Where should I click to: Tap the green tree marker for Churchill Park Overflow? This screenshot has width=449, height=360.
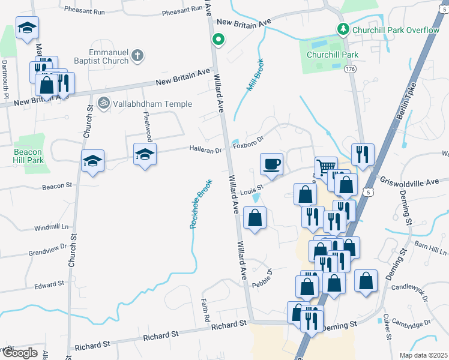pos(343,29)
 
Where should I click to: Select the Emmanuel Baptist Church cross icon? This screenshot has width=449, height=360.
pos(137,56)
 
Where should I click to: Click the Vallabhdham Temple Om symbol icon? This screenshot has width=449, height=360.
pos(104,104)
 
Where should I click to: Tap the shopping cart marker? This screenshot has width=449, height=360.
pos(325,167)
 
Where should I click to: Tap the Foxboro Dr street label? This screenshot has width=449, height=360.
pos(249,143)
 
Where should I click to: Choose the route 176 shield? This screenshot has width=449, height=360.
pos(350,70)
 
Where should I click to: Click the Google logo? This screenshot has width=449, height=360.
pos(20,353)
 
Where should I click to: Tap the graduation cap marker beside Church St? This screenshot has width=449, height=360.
pos(92,161)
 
